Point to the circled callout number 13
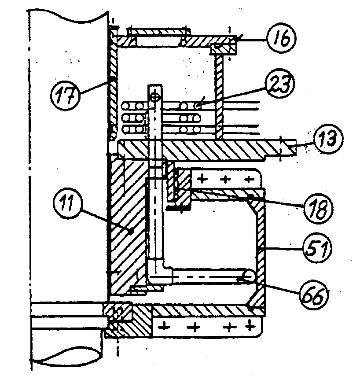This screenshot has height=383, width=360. click(x=328, y=139)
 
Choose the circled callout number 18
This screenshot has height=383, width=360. click(x=319, y=208)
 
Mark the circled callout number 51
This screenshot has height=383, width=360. click(x=318, y=247)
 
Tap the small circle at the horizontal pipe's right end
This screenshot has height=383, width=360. click(x=249, y=276)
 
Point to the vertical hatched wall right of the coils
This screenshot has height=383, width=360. click(x=219, y=97)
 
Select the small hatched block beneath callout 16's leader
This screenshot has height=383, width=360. click(x=224, y=49)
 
